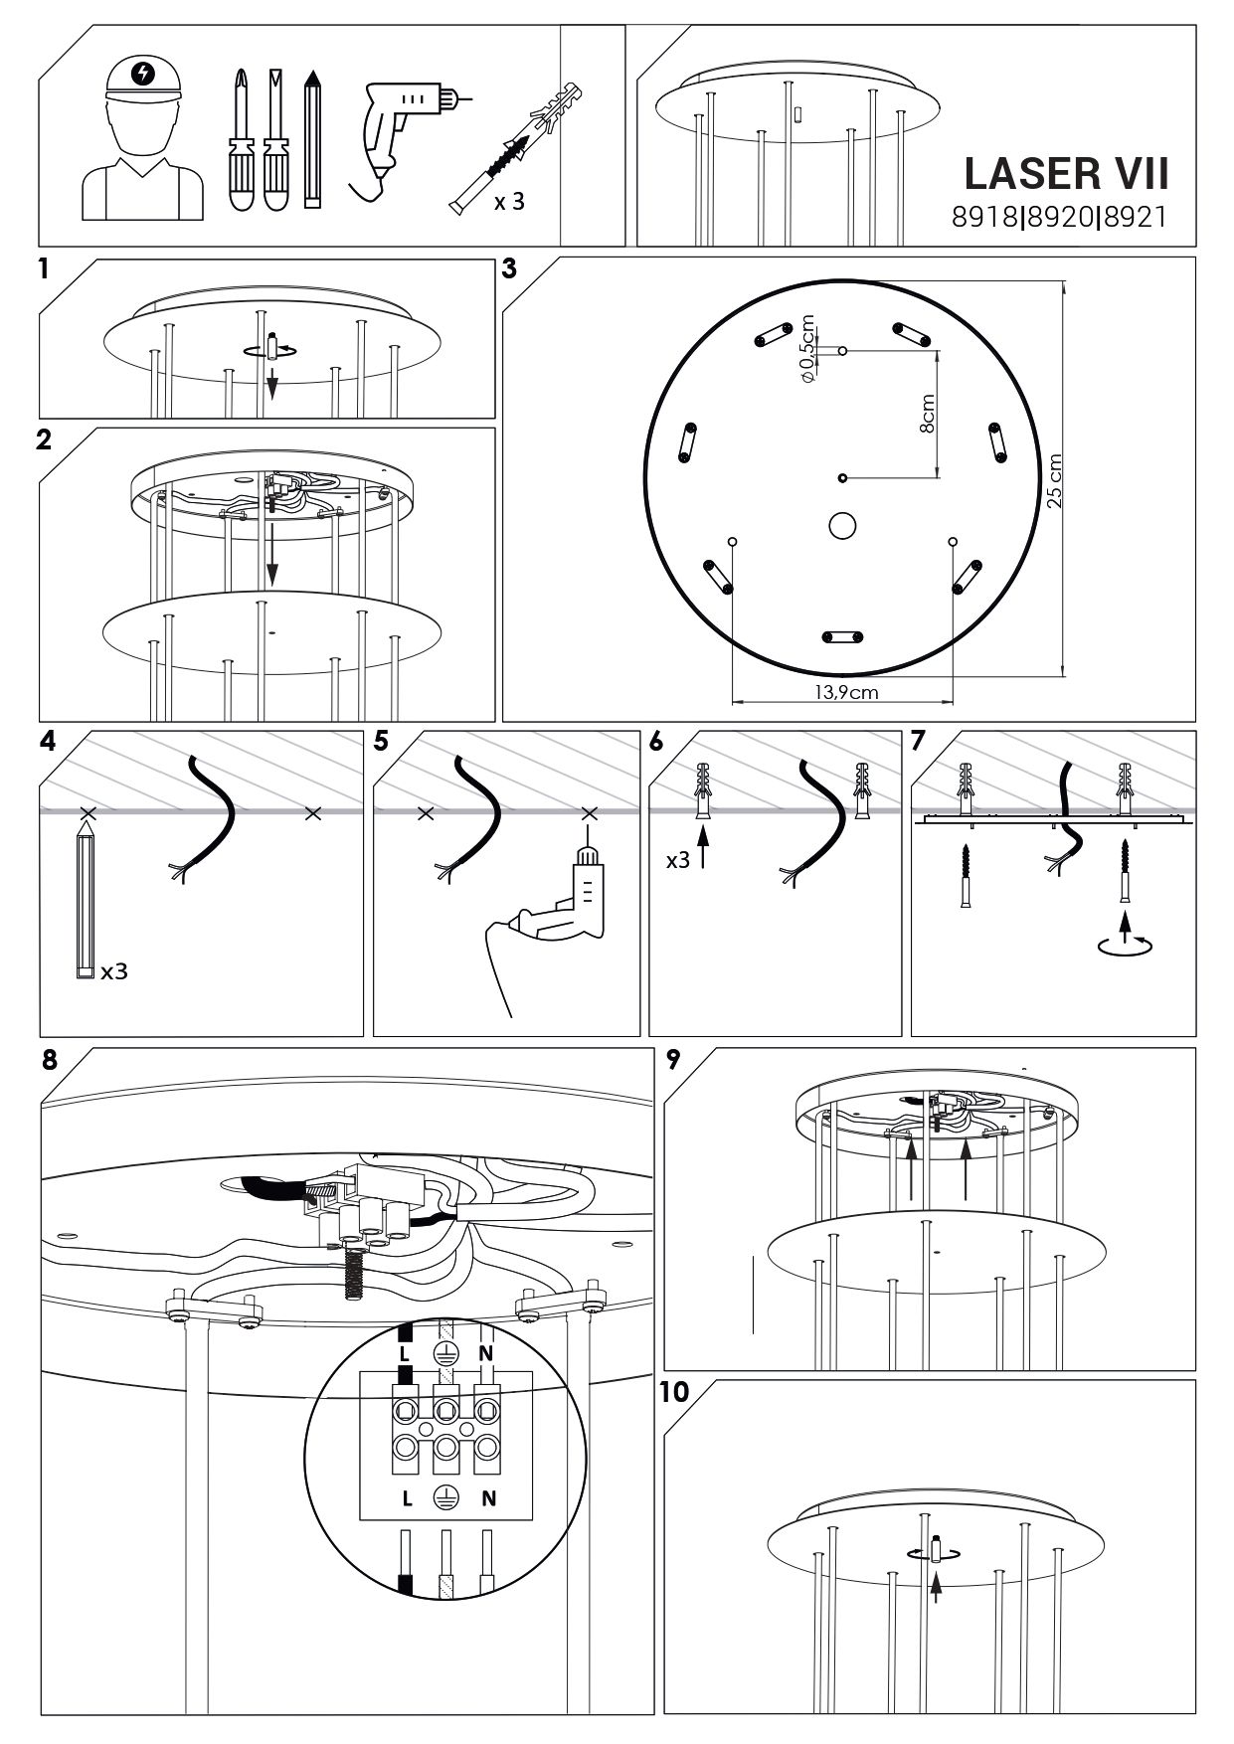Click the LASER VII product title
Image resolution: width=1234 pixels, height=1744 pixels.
[1065, 173]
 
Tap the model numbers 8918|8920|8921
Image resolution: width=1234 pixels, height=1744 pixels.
[1058, 218]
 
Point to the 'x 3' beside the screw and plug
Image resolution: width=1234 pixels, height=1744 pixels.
[508, 202]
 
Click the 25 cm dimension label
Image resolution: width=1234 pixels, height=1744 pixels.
[1054, 481]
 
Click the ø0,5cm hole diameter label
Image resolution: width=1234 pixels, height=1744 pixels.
[806, 349]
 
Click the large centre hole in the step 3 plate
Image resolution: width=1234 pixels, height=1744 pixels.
[843, 525]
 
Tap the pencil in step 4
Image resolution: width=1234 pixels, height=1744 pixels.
[86, 896]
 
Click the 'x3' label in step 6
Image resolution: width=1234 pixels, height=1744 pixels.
[677, 859]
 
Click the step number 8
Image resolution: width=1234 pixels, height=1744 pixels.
[50, 1060]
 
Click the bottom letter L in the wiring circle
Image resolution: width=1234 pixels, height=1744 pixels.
[406, 1498]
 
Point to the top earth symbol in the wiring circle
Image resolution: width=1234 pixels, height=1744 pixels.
[445, 1353]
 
